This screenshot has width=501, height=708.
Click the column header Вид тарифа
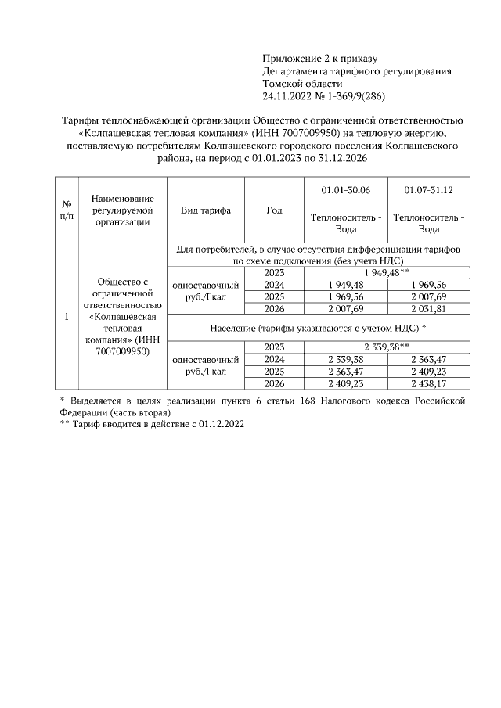point(205,210)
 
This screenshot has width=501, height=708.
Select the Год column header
point(274,210)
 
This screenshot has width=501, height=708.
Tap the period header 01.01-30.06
point(346,190)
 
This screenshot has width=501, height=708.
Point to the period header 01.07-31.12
point(428,190)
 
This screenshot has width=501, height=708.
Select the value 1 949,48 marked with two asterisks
point(387,272)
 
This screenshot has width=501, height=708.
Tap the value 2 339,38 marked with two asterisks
point(387,347)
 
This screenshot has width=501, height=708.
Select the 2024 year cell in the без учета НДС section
point(274,285)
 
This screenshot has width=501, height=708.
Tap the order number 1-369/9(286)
point(356,96)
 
